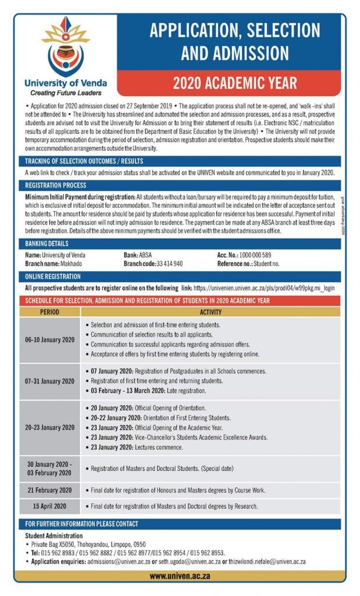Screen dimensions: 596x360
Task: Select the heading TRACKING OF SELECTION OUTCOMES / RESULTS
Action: [x=84, y=161]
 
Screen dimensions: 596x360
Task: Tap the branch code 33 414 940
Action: [x=169, y=263]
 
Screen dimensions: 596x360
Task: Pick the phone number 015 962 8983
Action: [x=56, y=552]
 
